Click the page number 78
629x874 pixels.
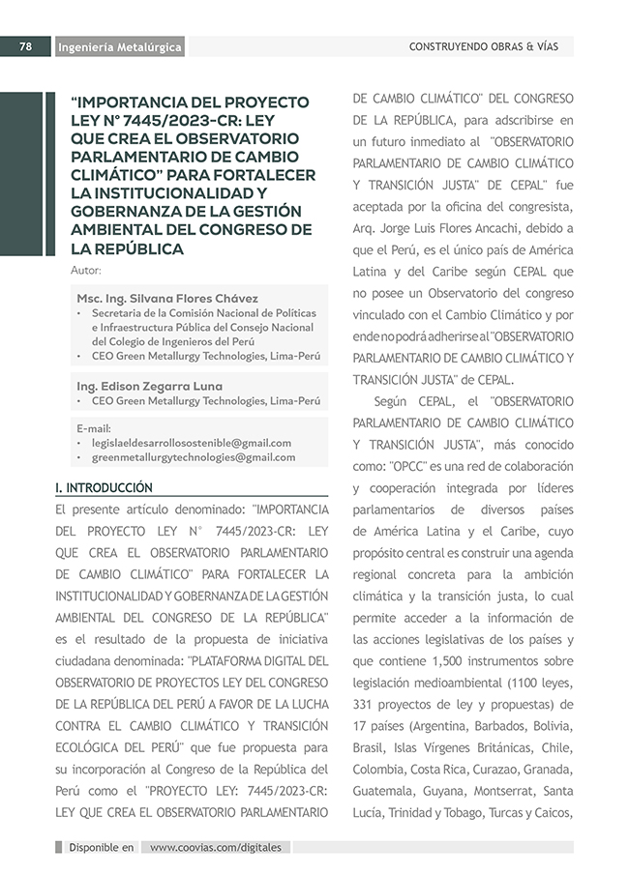(27, 46)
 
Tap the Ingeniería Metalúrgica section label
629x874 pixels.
(119, 47)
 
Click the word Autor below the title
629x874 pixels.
(86, 269)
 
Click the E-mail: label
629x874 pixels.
(94, 427)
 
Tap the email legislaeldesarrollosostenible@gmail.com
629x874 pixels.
(191, 443)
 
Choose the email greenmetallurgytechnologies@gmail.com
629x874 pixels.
(193, 457)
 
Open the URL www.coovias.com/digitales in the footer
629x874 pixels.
(216, 847)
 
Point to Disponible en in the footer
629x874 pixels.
(101, 847)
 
